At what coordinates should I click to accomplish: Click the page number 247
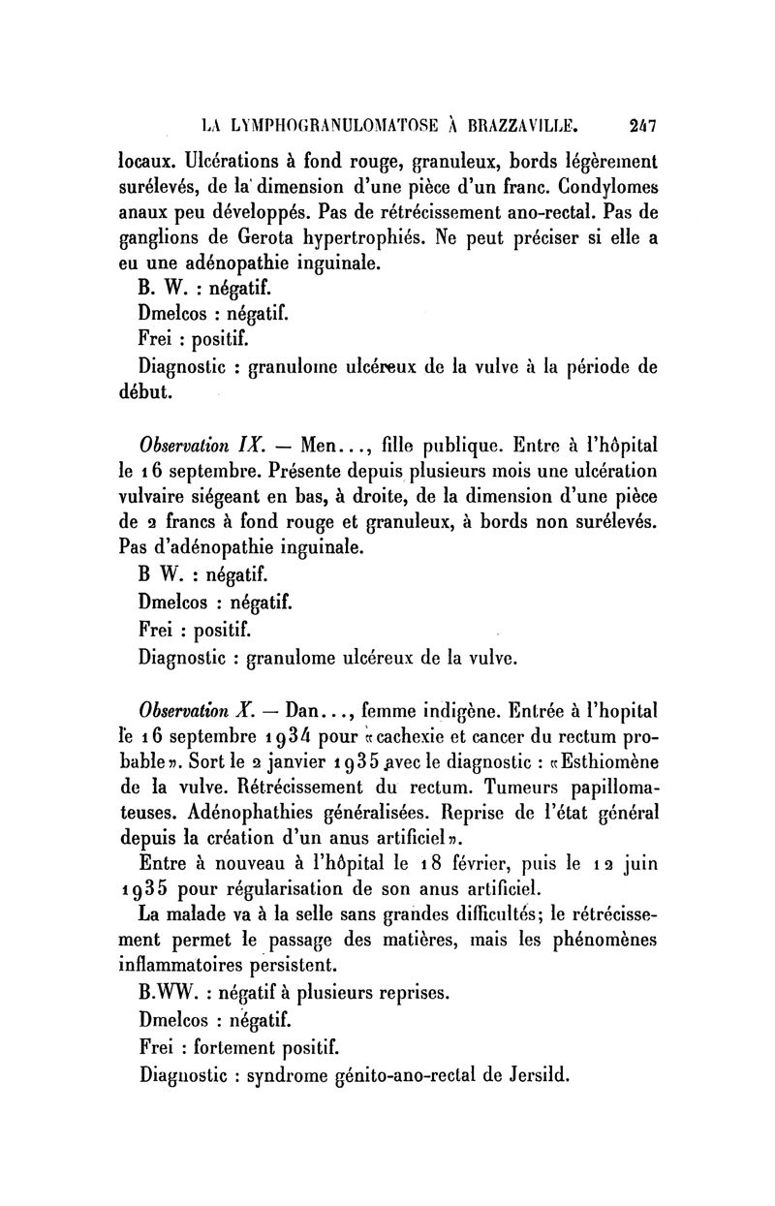point(639,125)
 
